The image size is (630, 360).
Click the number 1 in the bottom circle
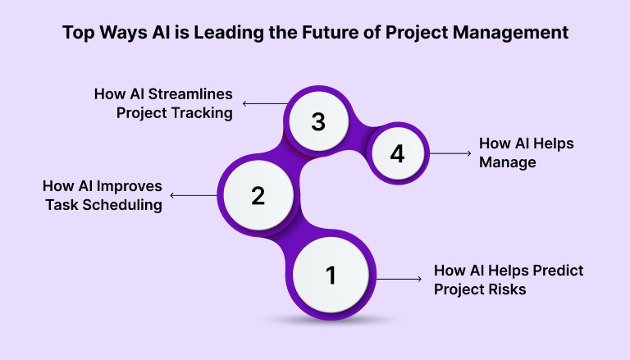[331, 276]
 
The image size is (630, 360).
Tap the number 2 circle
[258, 194]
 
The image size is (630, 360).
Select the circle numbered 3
[318, 122]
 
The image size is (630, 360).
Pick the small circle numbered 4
[398, 153]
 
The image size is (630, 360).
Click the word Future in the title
[349, 34]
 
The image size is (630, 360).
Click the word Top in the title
[79, 34]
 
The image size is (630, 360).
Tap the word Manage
[507, 162]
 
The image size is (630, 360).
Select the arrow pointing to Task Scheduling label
[194, 195]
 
